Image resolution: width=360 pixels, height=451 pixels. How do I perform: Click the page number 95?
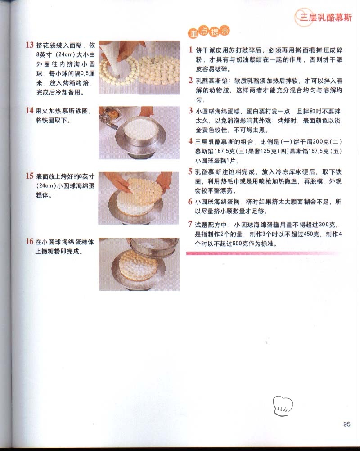click(347, 424)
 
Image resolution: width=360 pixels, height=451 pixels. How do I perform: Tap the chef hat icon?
click(283, 406)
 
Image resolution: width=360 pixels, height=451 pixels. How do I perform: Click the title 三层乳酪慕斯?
click(326, 18)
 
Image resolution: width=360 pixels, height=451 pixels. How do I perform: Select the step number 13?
click(30, 45)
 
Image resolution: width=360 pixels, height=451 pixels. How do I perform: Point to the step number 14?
click(30, 110)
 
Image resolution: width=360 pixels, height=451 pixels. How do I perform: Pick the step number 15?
click(30, 176)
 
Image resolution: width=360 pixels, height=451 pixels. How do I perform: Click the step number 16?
click(30, 241)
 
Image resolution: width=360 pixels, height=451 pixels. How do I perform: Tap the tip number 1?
click(190, 50)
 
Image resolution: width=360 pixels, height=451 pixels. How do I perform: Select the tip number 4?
click(190, 141)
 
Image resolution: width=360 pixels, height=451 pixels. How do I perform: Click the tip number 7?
click(190, 224)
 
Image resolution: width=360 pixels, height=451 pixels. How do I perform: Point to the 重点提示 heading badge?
click(209, 32)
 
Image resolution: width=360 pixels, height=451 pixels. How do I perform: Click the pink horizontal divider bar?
click(264, 253)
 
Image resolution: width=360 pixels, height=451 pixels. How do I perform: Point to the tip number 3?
click(190, 110)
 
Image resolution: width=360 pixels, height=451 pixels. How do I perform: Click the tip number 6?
click(190, 201)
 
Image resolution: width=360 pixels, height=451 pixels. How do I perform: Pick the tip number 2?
click(190, 80)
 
